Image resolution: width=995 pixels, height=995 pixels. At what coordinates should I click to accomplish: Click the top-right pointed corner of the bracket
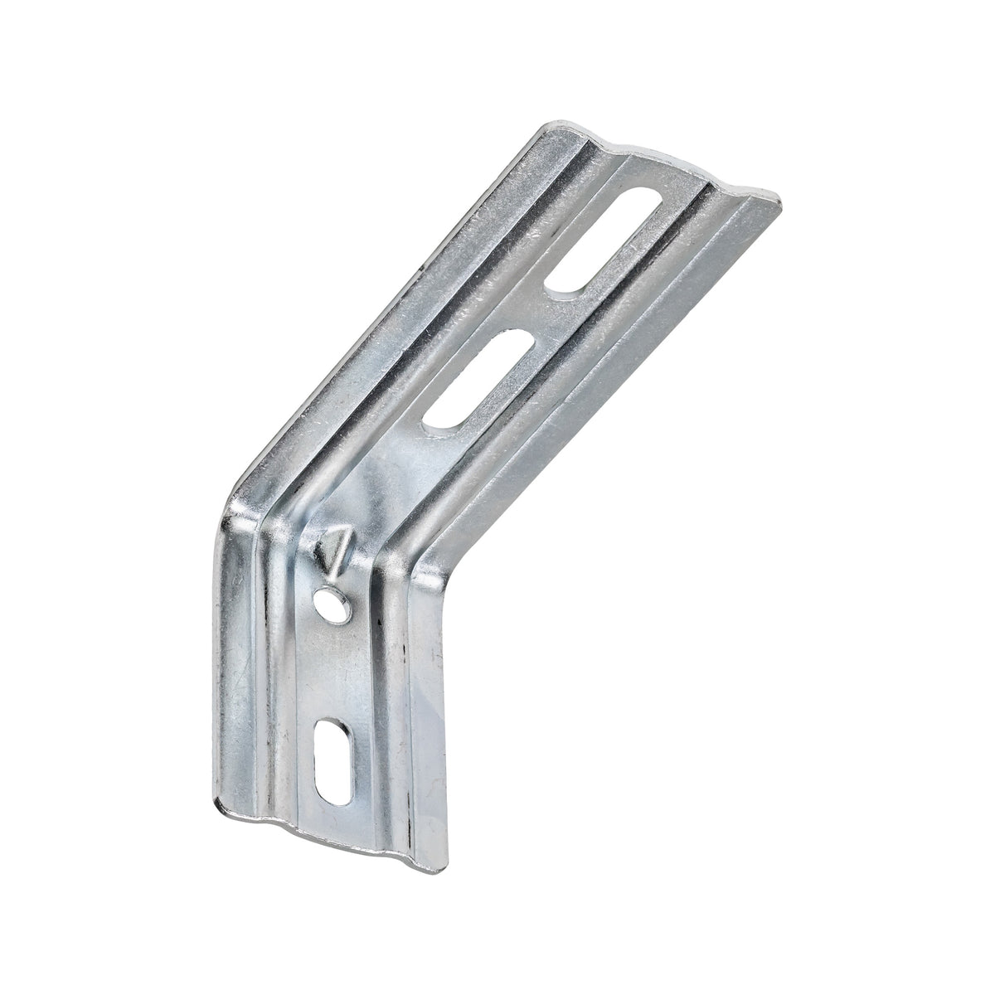click(x=780, y=199)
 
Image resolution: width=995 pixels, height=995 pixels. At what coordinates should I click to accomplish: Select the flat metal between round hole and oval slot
click(x=336, y=663)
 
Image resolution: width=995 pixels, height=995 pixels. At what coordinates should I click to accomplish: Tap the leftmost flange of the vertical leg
click(x=240, y=663)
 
